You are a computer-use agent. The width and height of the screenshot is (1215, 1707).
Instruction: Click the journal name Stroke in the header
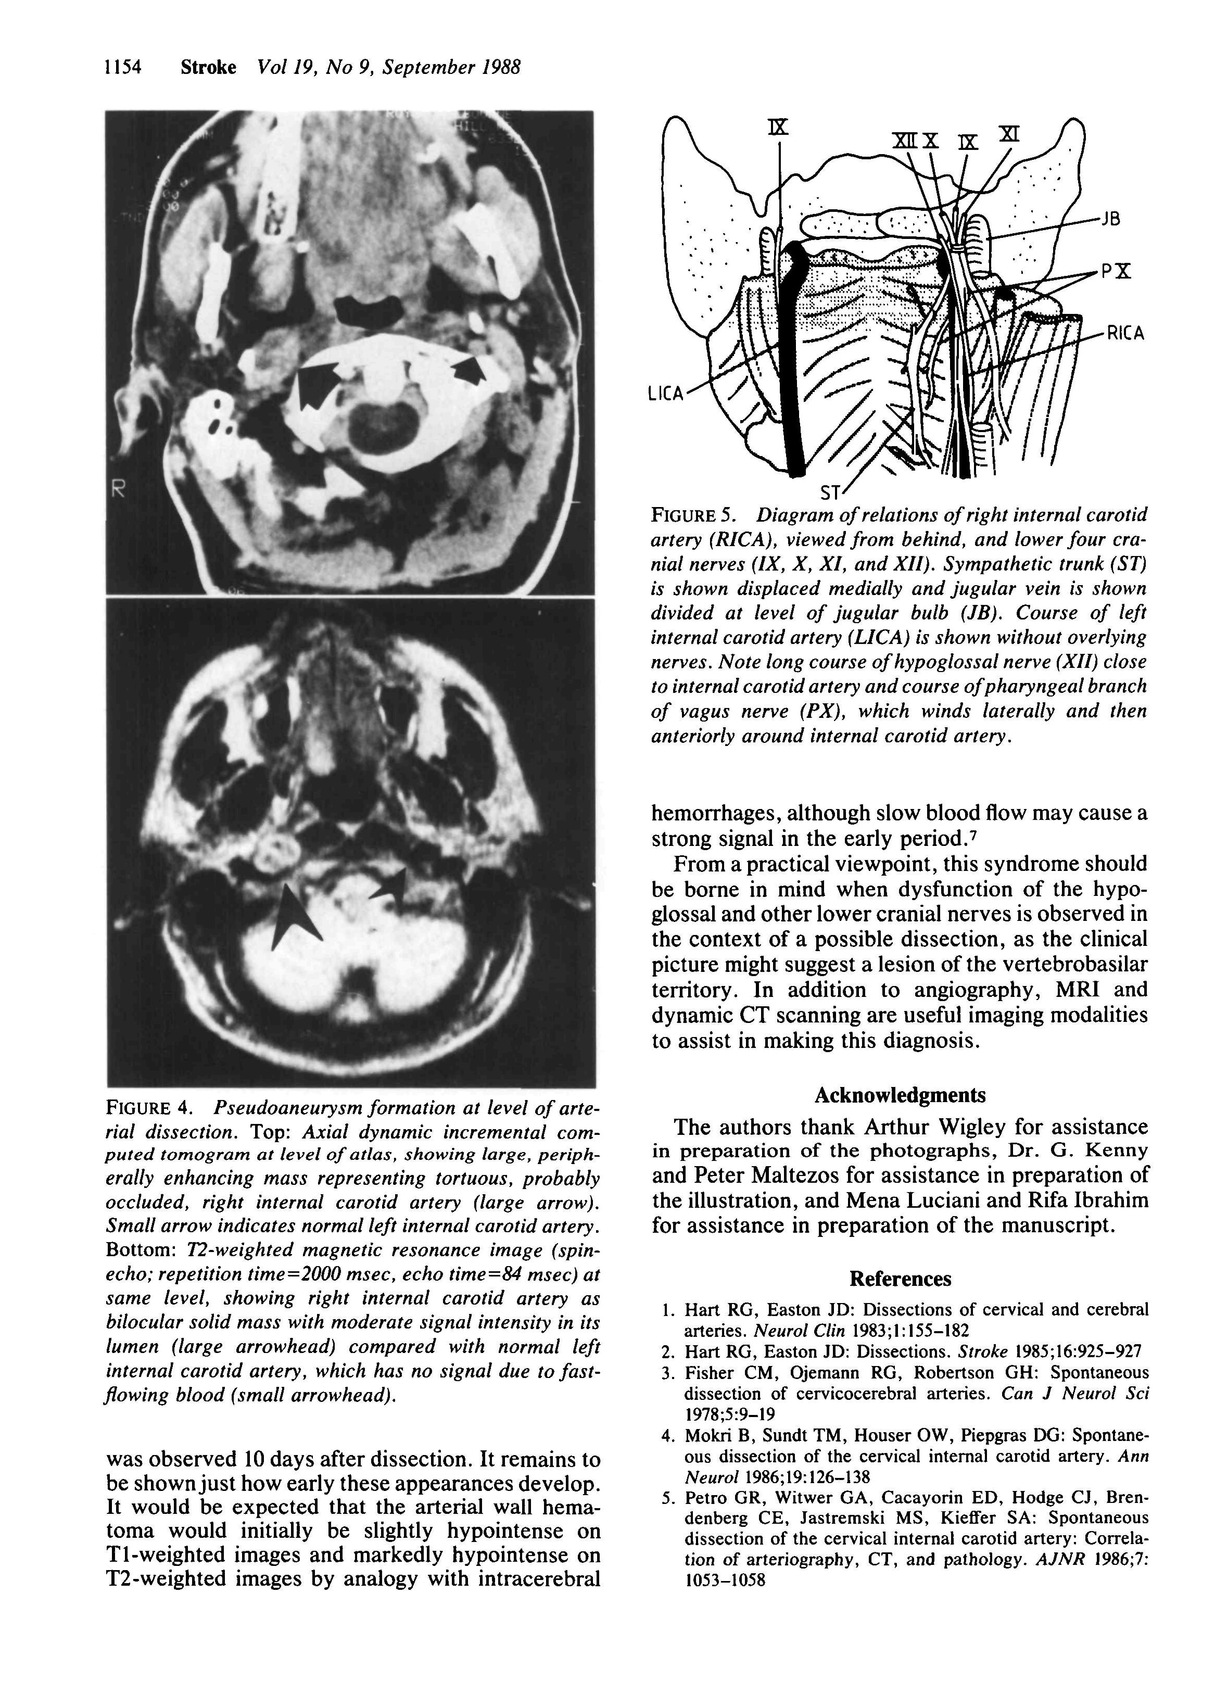tap(208, 68)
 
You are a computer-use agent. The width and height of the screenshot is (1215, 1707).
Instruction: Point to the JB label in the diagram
tap(1110, 220)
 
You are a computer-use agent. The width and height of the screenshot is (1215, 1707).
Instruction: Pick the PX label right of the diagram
tap(1114, 272)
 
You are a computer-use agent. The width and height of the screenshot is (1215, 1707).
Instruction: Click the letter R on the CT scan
tap(118, 491)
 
